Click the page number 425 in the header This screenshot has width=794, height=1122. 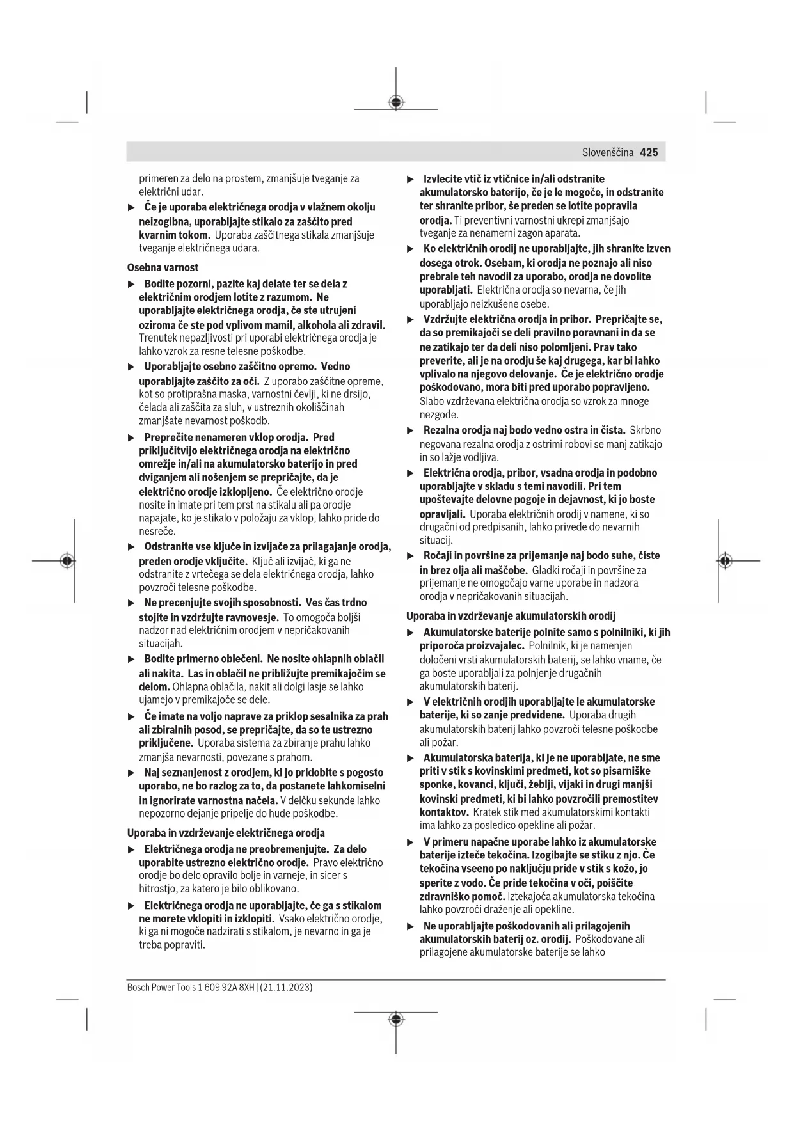[x=649, y=152]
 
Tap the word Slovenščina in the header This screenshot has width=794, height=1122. [x=608, y=152]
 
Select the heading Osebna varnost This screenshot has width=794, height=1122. [x=163, y=267]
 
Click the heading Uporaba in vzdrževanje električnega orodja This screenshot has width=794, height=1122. [x=226, y=833]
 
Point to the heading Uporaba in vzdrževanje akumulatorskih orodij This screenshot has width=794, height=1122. [x=511, y=616]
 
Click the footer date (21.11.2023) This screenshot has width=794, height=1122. [x=286, y=987]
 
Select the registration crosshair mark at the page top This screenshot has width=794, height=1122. [x=396, y=102]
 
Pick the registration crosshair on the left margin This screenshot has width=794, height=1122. [x=67, y=560]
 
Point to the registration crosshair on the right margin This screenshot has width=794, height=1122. [x=724, y=560]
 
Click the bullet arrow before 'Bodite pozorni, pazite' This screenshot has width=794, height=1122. [x=132, y=283]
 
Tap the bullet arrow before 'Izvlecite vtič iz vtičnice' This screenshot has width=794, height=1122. [x=411, y=179]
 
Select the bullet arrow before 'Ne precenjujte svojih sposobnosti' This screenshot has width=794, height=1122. [x=132, y=603]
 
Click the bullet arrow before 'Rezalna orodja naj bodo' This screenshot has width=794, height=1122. [x=411, y=430]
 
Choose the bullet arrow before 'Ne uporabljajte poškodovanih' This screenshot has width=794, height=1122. [x=411, y=926]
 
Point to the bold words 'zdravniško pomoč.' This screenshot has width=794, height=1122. [x=462, y=896]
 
